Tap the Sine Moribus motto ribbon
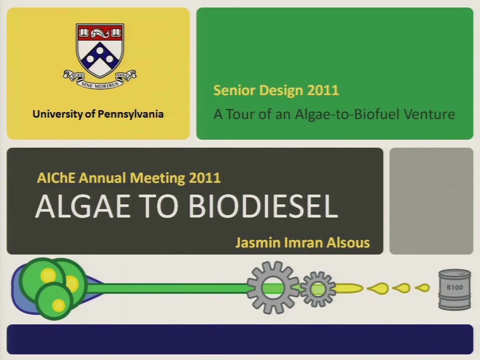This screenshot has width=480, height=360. (x=100, y=80)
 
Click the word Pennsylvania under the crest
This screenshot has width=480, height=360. (x=130, y=114)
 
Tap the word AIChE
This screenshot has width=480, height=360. (x=56, y=178)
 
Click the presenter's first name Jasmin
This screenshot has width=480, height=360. (x=258, y=242)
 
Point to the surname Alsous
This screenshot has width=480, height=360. (x=348, y=242)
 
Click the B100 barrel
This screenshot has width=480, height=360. (x=455, y=290)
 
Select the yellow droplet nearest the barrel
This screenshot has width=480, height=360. (x=423, y=288)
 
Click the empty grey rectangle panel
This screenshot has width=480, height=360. (x=431, y=201)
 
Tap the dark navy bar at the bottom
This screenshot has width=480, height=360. (x=240, y=339)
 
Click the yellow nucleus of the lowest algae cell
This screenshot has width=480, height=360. (x=58, y=305)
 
